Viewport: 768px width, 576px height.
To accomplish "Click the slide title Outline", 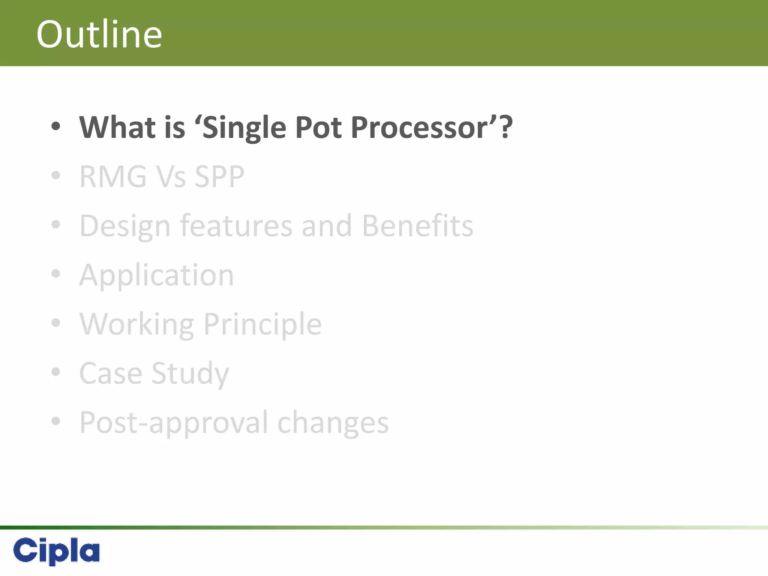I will [x=99, y=34].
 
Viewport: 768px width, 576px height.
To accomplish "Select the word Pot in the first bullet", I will [x=319, y=127].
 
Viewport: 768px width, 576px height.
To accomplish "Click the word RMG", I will [x=113, y=177].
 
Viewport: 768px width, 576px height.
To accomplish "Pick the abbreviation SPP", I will [x=219, y=177].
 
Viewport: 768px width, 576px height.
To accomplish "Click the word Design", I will [x=125, y=226].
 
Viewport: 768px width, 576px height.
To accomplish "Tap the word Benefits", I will [x=417, y=226].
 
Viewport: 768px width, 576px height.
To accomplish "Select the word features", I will [x=236, y=226].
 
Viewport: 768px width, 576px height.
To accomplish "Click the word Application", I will [x=156, y=276].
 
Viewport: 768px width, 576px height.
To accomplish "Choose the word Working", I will [x=137, y=324].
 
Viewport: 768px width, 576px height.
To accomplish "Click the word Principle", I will [x=262, y=324].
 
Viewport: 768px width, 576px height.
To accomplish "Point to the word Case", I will [x=111, y=373].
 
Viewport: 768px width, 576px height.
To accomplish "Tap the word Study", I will [x=190, y=374].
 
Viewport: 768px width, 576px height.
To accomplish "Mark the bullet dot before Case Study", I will [x=56, y=372].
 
